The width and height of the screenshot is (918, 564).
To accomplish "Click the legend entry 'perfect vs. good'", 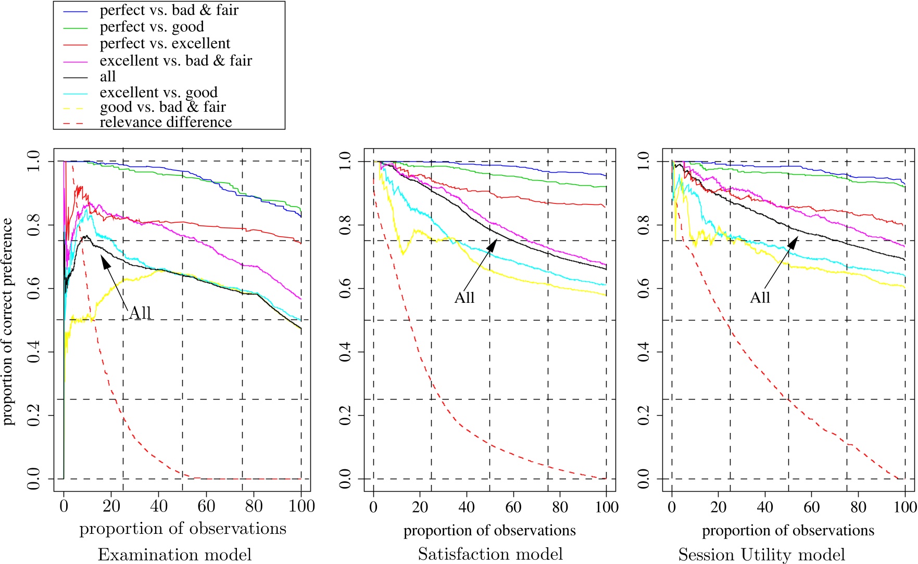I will click(152, 27).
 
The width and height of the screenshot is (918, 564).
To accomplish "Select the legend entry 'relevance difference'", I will click(166, 122).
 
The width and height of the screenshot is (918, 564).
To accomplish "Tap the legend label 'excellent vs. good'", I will click(158, 93).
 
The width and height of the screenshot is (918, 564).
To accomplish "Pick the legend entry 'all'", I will click(108, 77).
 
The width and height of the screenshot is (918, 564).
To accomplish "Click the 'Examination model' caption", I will click(174, 554).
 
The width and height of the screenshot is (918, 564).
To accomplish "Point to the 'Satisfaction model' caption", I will click(490, 554).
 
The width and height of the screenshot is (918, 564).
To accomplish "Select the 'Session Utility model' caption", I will click(761, 554).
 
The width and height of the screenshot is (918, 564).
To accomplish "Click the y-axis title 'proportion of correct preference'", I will click(7, 322).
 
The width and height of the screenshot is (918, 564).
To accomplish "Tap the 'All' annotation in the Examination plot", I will click(140, 313).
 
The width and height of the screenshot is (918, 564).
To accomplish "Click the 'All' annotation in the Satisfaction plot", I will click(464, 298).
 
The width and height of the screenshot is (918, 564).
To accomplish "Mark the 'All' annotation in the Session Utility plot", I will click(760, 298).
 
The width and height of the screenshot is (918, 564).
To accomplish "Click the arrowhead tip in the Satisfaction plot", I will click(496, 240).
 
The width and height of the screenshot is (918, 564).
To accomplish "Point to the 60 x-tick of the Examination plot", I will click(206, 506).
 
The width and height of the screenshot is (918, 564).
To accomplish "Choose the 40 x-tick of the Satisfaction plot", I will click(467, 507).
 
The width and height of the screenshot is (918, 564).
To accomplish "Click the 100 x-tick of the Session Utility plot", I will click(904, 507).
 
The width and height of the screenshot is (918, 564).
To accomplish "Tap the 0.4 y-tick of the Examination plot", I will click(33, 352).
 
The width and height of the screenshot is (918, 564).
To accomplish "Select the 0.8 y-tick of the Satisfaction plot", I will click(345, 225).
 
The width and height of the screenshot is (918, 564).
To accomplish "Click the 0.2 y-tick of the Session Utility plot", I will click(643, 415).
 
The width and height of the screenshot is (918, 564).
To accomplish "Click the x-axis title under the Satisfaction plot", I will click(489, 530).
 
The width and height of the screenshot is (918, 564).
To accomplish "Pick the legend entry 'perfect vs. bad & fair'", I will click(169, 10).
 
